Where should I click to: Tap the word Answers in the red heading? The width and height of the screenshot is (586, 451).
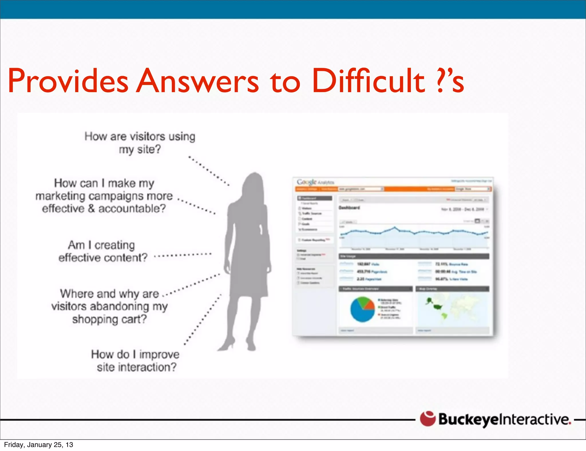[x=197, y=81]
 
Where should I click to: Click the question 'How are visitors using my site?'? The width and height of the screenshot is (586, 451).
[x=140, y=143]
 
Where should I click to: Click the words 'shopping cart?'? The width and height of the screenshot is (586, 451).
[x=109, y=319]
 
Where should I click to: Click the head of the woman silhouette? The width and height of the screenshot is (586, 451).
[x=254, y=186]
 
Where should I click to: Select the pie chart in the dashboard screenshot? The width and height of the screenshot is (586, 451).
[x=362, y=309]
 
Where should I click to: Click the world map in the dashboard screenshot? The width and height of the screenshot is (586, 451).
[x=452, y=309]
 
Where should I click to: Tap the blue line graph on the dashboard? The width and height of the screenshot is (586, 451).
[x=413, y=232]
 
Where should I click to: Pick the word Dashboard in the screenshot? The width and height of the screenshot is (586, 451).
[x=349, y=208]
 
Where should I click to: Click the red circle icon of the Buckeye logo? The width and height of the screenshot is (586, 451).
[x=427, y=419]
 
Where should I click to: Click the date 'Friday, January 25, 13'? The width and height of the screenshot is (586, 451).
[x=39, y=445]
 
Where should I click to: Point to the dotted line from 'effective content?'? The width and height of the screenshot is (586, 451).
[x=183, y=255]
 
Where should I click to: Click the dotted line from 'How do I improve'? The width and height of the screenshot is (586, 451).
[x=203, y=319]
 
